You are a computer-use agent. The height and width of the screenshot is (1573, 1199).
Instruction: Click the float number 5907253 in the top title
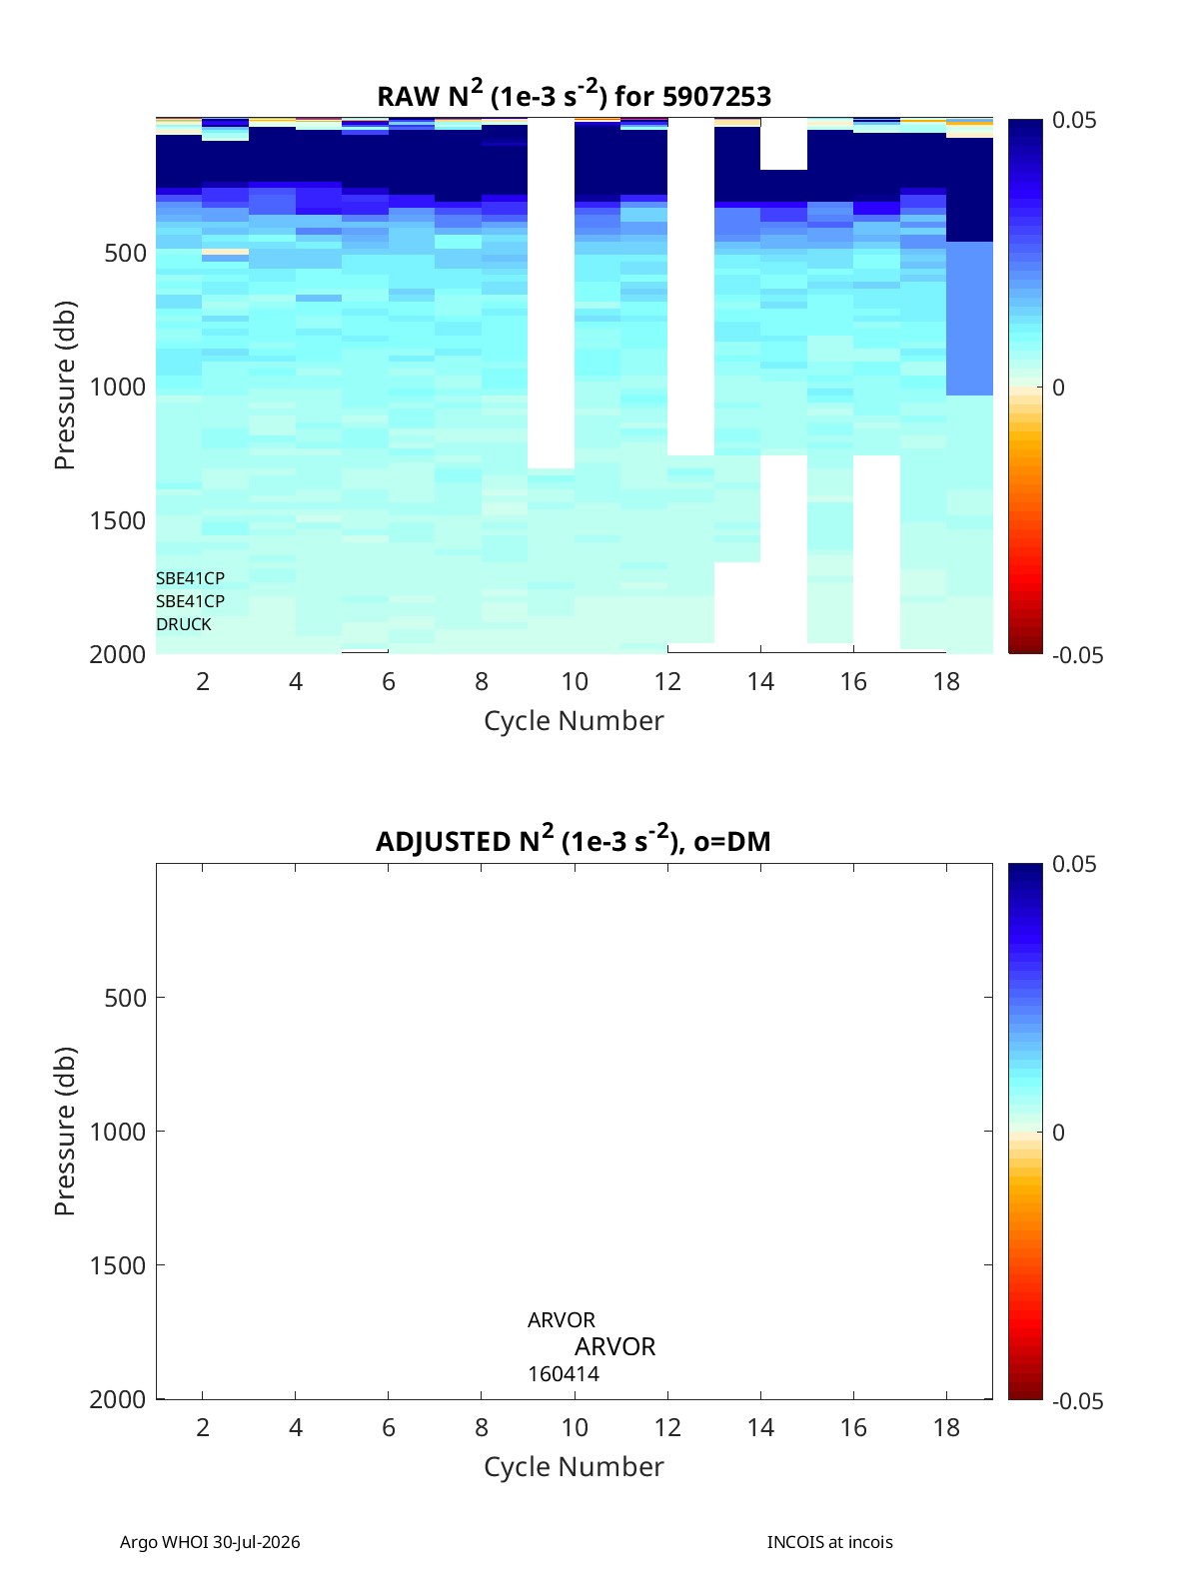point(716,97)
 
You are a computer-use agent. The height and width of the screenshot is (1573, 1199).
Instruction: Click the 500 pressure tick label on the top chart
point(126,253)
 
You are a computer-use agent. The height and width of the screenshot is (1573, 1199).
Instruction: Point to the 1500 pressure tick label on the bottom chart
point(118,1265)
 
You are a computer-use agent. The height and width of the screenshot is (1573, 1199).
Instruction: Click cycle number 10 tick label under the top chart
point(575,681)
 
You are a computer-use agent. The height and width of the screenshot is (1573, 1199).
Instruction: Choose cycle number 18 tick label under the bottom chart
point(946,1427)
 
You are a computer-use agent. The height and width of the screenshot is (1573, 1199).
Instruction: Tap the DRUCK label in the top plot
point(184,624)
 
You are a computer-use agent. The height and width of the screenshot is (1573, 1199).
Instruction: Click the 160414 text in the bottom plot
point(564,1374)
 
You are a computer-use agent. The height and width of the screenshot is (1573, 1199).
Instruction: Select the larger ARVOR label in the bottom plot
point(614,1346)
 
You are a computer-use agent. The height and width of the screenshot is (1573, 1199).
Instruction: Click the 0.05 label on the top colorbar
point(1073,120)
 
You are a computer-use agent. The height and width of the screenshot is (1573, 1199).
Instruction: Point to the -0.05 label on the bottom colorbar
point(1077,1400)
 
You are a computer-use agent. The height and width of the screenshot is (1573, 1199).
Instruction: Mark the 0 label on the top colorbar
point(1058,388)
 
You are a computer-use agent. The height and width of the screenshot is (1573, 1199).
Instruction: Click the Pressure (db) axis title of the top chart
point(65,386)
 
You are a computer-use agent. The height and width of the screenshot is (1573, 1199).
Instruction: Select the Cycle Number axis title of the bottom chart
point(575,1467)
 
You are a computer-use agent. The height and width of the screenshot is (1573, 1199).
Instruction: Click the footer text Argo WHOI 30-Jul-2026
point(210,1542)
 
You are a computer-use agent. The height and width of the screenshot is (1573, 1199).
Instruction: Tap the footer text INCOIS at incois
point(830,1542)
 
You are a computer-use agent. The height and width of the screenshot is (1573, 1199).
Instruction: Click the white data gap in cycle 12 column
point(690,287)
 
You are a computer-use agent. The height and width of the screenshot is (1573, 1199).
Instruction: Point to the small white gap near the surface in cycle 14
point(783,144)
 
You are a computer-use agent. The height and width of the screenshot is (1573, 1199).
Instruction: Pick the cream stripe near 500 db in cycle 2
point(225,253)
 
